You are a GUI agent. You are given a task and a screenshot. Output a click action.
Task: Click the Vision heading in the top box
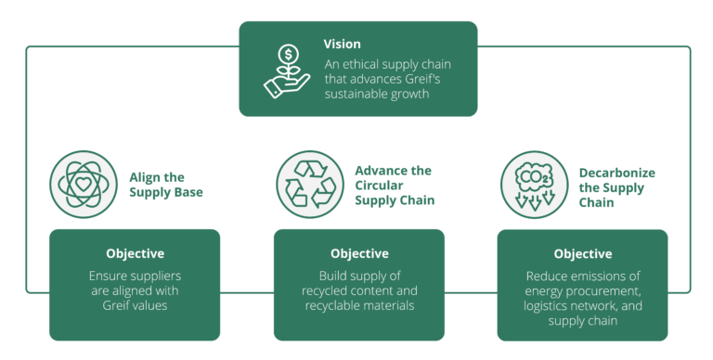(342, 44)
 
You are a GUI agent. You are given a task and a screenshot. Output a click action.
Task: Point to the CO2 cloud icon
(533, 183)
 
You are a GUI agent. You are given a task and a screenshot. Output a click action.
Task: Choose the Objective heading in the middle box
(359, 253)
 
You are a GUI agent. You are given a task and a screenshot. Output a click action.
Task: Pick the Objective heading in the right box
(583, 253)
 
